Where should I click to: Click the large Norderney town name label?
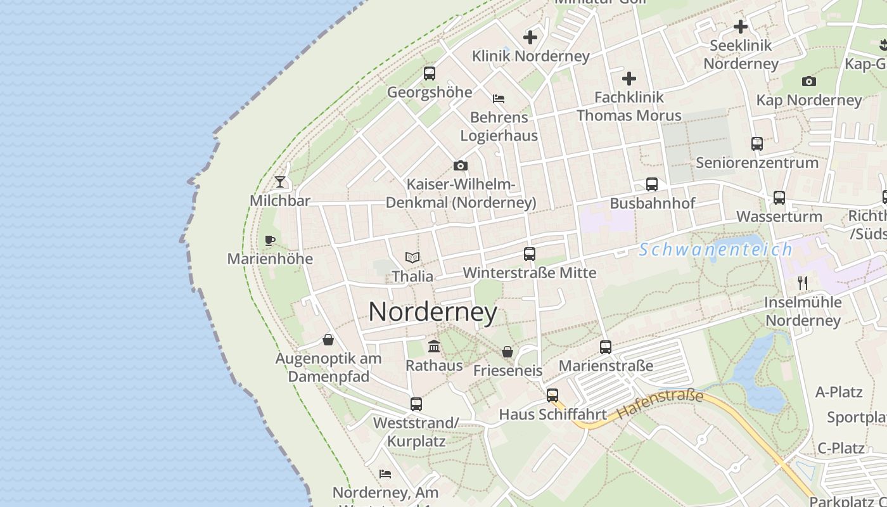click(433, 312)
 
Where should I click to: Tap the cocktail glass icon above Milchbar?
click(280, 183)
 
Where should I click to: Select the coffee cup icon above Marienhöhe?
click(270, 240)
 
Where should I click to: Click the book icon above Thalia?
click(412, 258)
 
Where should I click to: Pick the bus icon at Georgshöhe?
click(430, 74)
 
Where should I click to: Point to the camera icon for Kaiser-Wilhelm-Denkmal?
click(461, 166)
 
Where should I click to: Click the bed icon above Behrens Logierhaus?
click(499, 99)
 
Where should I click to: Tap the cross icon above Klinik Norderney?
click(530, 37)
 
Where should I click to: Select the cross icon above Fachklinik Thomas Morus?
click(629, 79)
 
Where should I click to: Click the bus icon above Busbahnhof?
click(652, 184)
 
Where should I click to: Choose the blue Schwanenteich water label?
click(715, 250)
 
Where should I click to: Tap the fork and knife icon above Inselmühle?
click(803, 283)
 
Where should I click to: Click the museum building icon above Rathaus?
click(434, 346)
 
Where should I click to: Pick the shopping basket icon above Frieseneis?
click(507, 352)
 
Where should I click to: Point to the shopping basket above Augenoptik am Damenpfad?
click(328, 340)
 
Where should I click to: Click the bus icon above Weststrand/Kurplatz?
click(416, 404)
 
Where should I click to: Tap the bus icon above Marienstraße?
click(606, 347)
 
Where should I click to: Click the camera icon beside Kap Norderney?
click(808, 81)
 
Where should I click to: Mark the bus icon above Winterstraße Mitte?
click(530, 254)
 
